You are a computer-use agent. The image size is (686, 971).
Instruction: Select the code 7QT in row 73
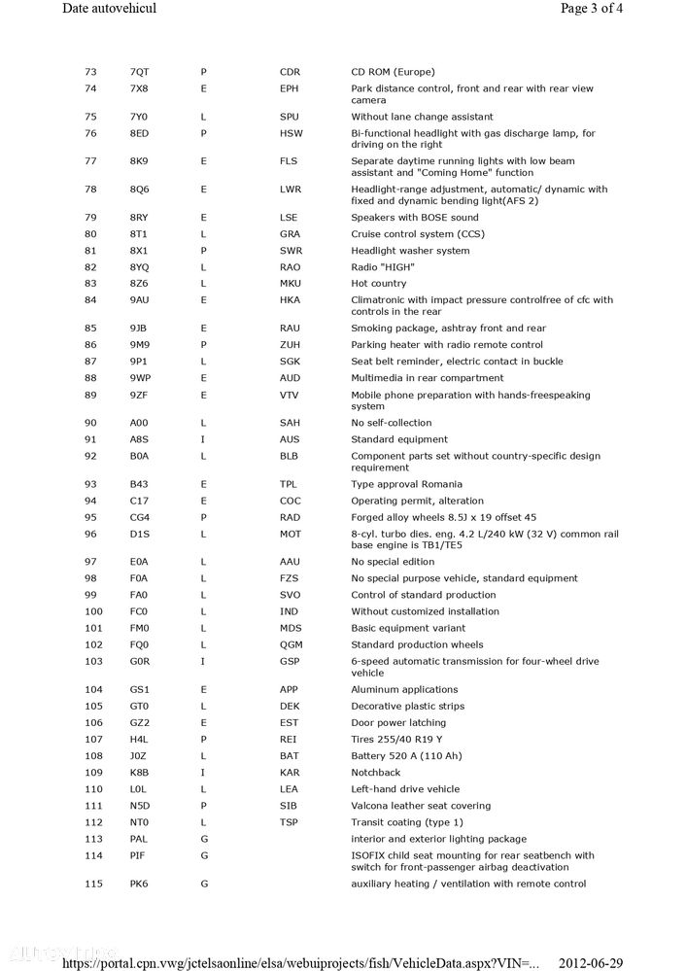pos(139,72)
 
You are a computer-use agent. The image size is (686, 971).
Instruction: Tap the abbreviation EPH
pos(290,88)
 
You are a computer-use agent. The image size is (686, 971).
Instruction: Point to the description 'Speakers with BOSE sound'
pos(414,218)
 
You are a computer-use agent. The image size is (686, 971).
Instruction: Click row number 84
pos(92,300)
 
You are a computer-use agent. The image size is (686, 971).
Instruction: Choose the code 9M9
pos(139,345)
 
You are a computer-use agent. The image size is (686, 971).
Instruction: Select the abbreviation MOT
pos(291,534)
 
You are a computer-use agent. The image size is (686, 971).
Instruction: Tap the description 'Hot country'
pos(379,284)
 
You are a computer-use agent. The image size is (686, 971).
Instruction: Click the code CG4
pos(140,517)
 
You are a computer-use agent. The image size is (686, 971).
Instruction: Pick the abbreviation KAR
pos(290,773)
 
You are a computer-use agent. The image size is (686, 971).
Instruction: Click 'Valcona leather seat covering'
pos(421,806)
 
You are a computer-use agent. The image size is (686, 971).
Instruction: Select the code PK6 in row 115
pos(139,884)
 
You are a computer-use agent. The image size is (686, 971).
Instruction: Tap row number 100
pos(93,611)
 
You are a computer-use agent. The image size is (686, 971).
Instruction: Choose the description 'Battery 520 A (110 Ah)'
pos(407,756)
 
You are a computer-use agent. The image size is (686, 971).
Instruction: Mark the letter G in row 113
pos(204,839)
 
